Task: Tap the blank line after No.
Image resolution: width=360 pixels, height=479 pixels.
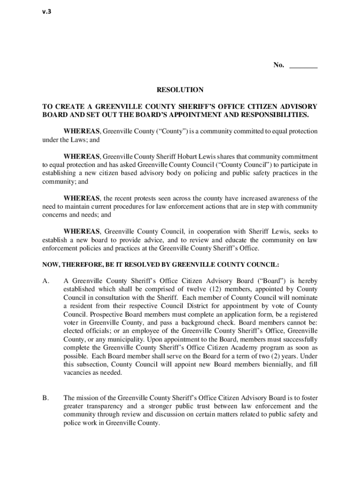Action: tap(303, 66)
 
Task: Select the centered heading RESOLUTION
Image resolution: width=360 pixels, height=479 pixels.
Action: tap(180, 89)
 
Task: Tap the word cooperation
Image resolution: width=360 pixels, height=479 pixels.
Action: tap(222, 232)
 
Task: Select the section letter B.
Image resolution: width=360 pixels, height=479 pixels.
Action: tap(45, 398)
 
